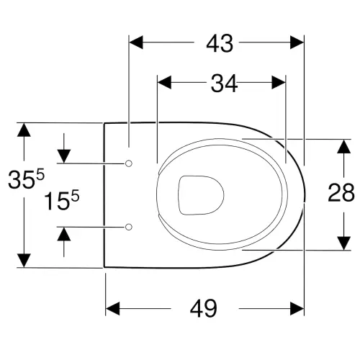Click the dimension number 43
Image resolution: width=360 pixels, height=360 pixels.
tap(220, 44)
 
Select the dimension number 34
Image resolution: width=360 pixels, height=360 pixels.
tap(224, 84)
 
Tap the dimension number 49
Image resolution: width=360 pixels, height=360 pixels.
tap(204, 308)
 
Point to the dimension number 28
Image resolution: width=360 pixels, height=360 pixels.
tap(341, 192)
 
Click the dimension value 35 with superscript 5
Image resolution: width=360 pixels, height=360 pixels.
tap(26, 179)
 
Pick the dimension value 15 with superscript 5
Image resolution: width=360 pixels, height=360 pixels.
tap(61, 200)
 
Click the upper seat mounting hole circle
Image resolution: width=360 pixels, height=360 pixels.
tap(129, 163)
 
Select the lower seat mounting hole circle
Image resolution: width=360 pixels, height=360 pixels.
tap(129, 227)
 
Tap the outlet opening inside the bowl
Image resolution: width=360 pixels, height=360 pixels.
tap(201, 195)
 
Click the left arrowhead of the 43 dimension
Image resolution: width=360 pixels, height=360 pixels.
tap(136, 42)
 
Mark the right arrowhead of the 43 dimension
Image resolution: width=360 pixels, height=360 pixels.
tap(297, 42)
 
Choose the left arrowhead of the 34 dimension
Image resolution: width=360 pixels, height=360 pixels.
tap(164, 82)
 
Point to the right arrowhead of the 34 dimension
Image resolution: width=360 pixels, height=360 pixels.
tap(279, 82)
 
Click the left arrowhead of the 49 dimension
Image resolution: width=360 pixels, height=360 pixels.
tap(113, 308)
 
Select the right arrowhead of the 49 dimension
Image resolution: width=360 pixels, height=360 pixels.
tap(297, 308)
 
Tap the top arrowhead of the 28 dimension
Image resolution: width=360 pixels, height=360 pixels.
tap(344, 146)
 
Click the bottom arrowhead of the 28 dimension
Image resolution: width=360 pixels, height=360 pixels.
tap(344, 243)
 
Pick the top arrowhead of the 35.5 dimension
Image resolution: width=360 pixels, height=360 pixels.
tap(24, 130)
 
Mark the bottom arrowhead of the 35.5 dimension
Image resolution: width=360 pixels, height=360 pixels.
tap(24, 261)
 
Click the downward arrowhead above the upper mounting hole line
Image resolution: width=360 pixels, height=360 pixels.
tap(64, 156)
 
